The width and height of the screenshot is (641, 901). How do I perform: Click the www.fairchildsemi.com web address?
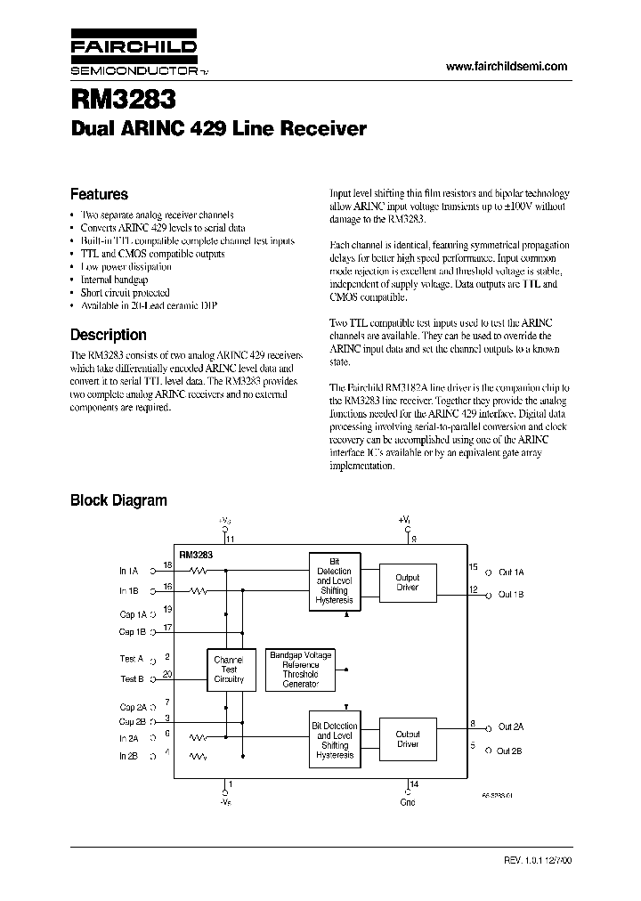(x=506, y=67)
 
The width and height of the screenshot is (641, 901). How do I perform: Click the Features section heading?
(x=99, y=194)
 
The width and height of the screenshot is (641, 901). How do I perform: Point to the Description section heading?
(x=109, y=335)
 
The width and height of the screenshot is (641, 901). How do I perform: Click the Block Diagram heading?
(x=118, y=500)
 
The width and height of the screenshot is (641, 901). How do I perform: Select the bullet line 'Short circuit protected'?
(x=125, y=292)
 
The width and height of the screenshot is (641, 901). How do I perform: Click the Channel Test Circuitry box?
(x=229, y=669)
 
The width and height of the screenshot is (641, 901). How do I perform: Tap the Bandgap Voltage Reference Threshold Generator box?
(x=300, y=669)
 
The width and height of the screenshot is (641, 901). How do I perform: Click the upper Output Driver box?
(x=407, y=582)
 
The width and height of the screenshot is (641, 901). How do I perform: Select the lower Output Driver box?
(x=407, y=739)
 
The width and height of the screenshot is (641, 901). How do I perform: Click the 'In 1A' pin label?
(x=129, y=571)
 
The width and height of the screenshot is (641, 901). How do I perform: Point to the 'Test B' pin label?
(x=132, y=678)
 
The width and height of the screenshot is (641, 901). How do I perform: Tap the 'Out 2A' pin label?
(x=511, y=726)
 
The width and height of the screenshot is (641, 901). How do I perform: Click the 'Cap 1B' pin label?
(x=133, y=631)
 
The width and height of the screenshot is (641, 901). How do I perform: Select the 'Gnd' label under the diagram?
(x=409, y=800)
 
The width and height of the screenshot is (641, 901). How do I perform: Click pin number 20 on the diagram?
(x=167, y=674)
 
